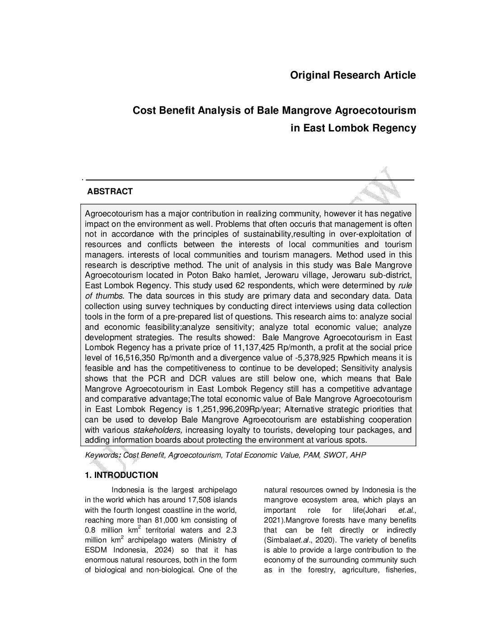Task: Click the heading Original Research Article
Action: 353,75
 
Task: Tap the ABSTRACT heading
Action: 110,192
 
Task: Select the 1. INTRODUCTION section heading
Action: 121,475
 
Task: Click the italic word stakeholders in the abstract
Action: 157,430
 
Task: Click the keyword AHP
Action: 358,455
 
